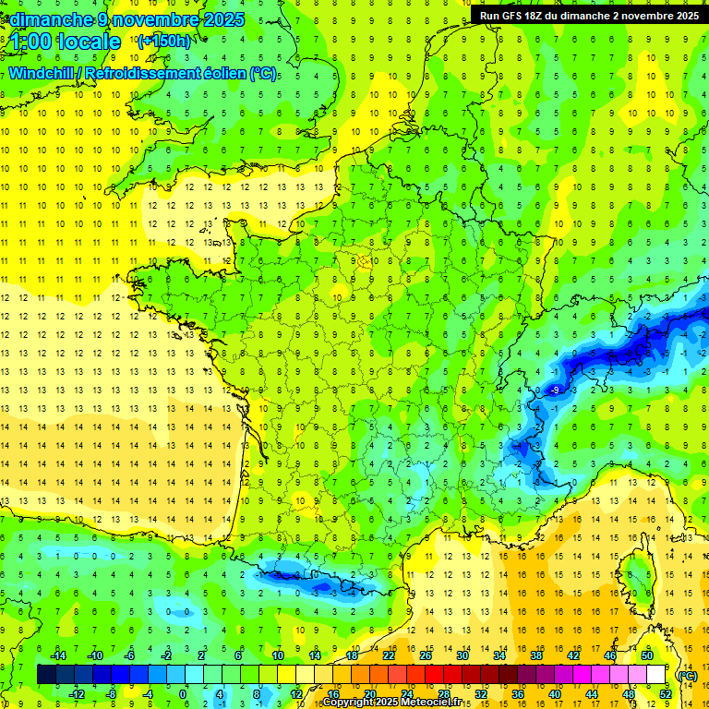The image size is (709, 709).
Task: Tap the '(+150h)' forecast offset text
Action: click(163, 41)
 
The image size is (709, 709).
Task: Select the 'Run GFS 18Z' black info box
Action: click(589, 15)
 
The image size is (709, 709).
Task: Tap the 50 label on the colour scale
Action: click(646, 655)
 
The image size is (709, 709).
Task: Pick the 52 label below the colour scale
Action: click(666, 693)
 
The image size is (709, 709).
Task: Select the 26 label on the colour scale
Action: click(426, 655)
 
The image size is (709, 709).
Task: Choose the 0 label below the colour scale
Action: click(183, 693)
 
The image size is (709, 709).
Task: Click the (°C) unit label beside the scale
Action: click(687, 675)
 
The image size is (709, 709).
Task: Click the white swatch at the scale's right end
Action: click(656, 675)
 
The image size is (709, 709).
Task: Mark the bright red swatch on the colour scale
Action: click(435, 675)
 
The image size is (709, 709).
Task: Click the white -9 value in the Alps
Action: click(554, 391)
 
